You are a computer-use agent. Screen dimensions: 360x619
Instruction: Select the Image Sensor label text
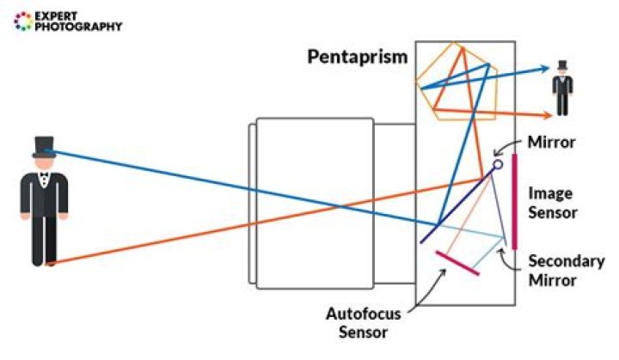point(550,203)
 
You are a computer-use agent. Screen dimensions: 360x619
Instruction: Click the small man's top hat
point(563,66)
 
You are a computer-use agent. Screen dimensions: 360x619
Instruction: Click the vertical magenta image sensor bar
point(513,201)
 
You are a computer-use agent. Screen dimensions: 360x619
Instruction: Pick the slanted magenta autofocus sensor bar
point(457,263)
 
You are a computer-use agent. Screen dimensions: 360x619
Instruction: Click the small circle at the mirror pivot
point(497,164)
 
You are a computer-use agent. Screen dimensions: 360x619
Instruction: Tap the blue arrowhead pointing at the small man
point(544,70)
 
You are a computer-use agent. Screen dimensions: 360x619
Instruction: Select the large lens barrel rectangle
point(314,201)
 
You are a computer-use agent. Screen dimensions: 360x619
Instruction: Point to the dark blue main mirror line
point(456,206)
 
